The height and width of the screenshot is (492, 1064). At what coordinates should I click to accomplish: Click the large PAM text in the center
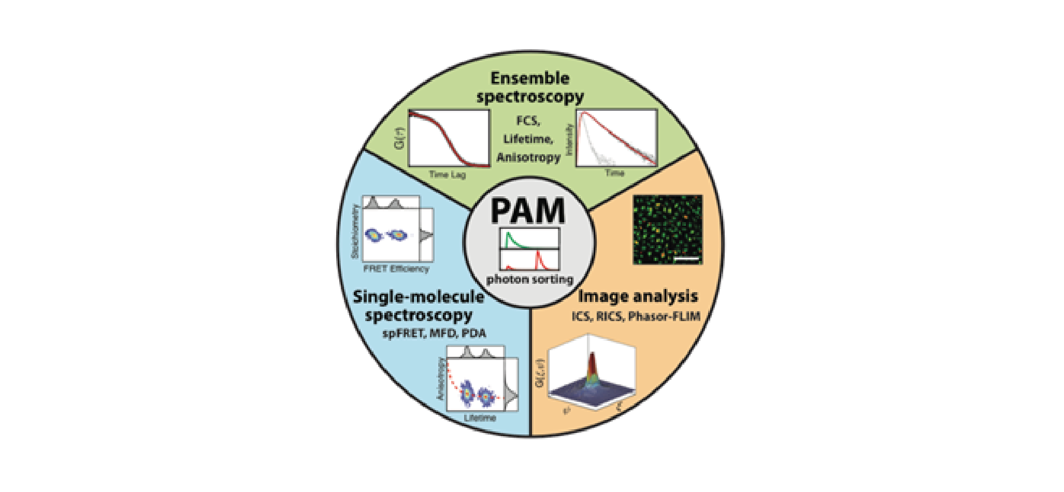[528, 211]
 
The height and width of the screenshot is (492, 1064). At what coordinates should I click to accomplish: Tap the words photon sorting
[529, 280]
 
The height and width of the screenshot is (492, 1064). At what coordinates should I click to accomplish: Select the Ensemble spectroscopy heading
[530, 88]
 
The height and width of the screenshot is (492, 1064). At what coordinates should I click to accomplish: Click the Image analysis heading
[638, 296]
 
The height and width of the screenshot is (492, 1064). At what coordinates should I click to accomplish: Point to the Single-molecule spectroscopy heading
[419, 306]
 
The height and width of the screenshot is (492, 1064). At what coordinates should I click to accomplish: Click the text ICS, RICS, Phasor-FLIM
[636, 316]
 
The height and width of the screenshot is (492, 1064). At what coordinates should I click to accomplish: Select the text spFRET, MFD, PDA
[434, 334]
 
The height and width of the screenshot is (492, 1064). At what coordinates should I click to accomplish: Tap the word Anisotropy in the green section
[528, 157]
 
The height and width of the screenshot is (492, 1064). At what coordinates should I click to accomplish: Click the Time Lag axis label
[448, 175]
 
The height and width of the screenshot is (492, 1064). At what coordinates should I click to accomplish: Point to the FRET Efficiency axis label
[396, 269]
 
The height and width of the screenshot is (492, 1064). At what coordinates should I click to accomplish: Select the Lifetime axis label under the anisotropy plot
[480, 418]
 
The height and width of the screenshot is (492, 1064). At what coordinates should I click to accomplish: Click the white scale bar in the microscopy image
[687, 257]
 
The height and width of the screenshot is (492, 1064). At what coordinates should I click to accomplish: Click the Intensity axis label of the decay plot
[570, 139]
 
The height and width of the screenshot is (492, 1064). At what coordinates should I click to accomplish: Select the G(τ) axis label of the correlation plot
[399, 139]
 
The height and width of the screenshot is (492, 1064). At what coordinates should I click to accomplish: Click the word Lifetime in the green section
[528, 139]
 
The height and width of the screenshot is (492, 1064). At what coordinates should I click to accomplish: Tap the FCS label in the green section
[528, 121]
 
